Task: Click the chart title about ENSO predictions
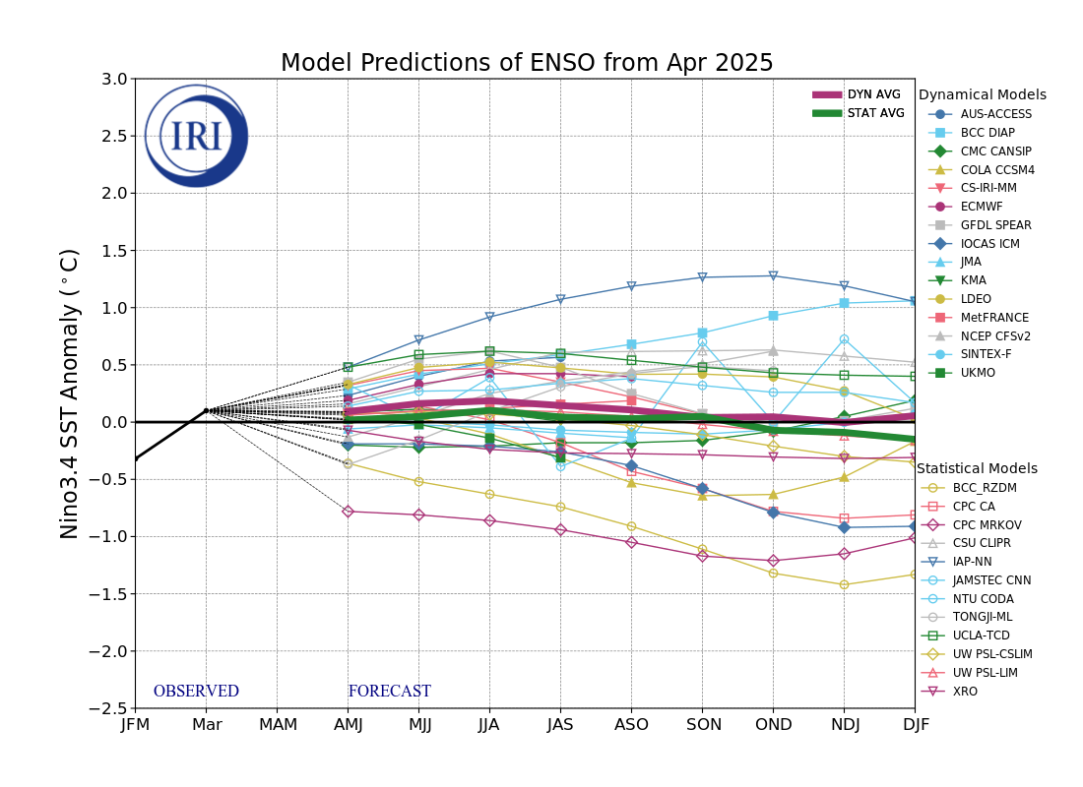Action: tap(527, 64)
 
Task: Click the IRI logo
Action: tap(196, 136)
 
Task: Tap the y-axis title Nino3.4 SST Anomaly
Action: tap(70, 393)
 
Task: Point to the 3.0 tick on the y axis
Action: tap(114, 79)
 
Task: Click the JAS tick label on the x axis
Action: tap(560, 725)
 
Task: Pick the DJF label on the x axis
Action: tap(915, 725)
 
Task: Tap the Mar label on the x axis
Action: tap(206, 725)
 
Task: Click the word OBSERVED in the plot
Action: tap(196, 692)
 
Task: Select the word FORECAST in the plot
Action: tap(389, 692)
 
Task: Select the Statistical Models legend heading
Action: tap(977, 468)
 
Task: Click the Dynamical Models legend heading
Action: tap(983, 95)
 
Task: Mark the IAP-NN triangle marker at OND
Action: tap(773, 275)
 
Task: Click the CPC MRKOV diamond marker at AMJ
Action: tap(348, 511)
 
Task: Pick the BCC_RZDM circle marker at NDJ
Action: tap(844, 584)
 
